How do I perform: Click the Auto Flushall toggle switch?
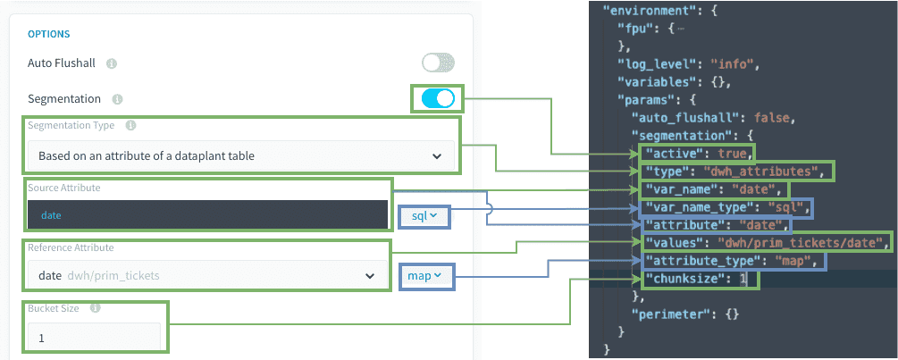[x=438, y=63]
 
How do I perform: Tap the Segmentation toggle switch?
[x=438, y=98]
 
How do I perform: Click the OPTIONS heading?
[x=48, y=34]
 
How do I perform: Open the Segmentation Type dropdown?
[x=241, y=155]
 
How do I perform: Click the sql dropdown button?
[x=425, y=216]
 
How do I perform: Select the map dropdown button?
[x=424, y=276]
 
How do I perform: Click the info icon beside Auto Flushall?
[x=112, y=63]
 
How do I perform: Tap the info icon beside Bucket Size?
[x=96, y=308]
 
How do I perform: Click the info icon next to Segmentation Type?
[x=130, y=125]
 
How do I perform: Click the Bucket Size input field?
[x=94, y=338]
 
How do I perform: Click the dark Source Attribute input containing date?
[x=207, y=214]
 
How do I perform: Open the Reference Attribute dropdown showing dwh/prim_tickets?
[x=207, y=275]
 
